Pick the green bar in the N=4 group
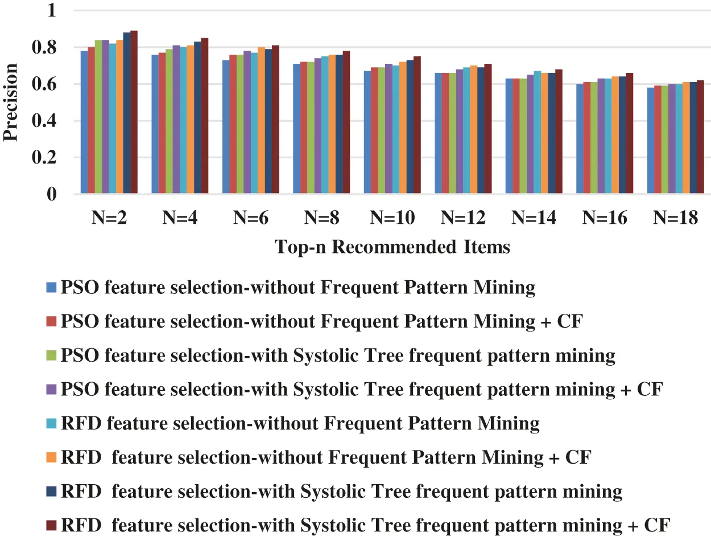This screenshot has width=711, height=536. [169, 122]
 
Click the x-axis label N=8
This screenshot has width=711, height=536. [322, 218]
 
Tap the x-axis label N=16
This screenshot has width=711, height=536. [605, 218]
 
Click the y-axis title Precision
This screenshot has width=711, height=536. [11, 103]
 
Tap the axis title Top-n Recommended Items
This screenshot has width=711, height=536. [392, 247]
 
